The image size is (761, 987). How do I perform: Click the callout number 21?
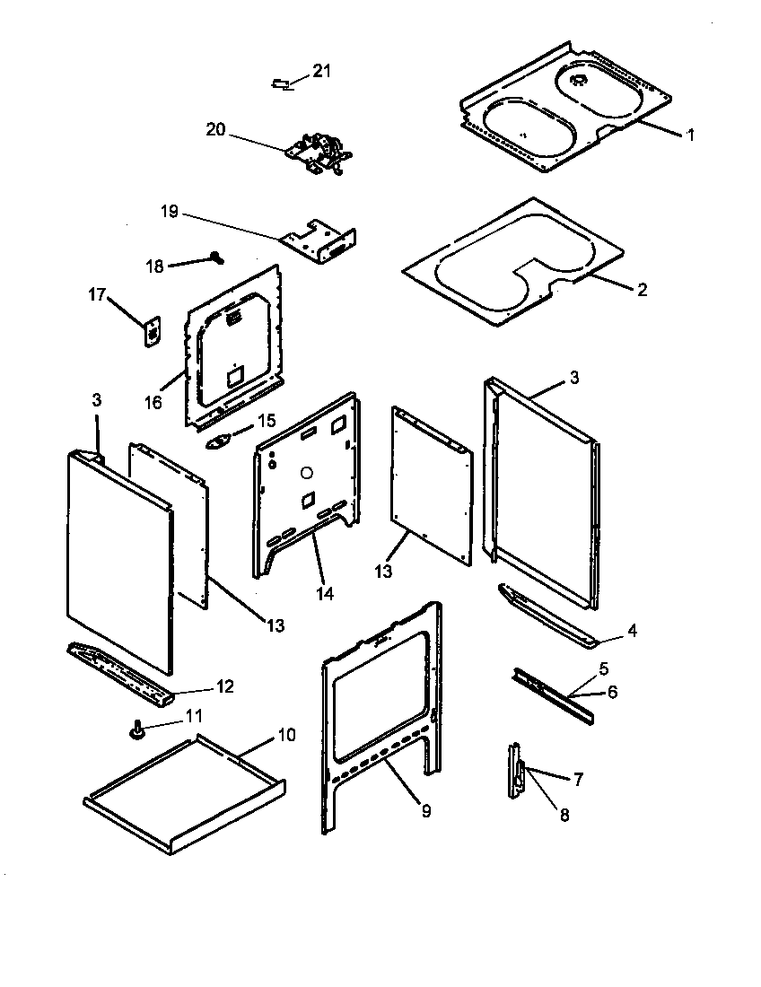pyautogui.click(x=321, y=72)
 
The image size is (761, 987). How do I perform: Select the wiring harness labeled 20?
pyautogui.click(x=319, y=153)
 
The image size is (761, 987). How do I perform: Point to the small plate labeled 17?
pyautogui.click(x=152, y=330)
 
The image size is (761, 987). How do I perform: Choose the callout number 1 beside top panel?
pyautogui.click(x=690, y=135)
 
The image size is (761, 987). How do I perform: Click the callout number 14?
pyautogui.click(x=325, y=593)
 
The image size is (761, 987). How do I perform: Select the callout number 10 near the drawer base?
pyautogui.click(x=284, y=735)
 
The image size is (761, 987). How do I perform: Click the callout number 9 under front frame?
pyautogui.click(x=425, y=811)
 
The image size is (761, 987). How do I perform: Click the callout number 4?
pyautogui.click(x=632, y=631)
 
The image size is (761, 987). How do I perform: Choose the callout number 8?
pyautogui.click(x=564, y=815)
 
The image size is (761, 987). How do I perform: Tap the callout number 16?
pyautogui.click(x=153, y=402)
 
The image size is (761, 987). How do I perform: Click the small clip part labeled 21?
pyautogui.click(x=281, y=83)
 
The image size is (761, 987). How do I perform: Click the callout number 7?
pyautogui.click(x=578, y=780)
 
